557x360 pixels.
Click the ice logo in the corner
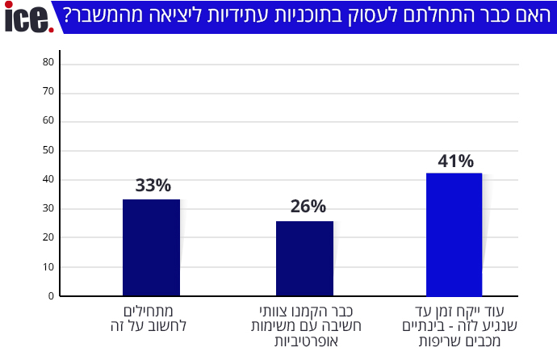click(x=28, y=18)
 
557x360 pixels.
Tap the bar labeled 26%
click(x=304, y=258)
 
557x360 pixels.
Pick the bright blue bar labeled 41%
click(x=454, y=234)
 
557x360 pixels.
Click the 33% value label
click(x=153, y=186)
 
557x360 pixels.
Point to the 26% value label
click(x=308, y=207)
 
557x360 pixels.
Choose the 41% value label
click(x=455, y=161)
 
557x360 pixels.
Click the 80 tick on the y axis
click(x=48, y=63)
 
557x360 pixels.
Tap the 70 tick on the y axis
click(x=48, y=92)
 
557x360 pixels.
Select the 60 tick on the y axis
click(x=48, y=121)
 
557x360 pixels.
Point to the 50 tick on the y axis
click(x=48, y=150)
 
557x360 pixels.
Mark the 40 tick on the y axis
click(x=48, y=179)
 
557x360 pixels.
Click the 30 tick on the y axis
click(x=48, y=208)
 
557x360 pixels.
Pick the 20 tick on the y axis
click(x=48, y=237)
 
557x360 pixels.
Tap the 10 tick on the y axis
click(x=48, y=266)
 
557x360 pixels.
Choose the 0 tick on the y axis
click(x=50, y=295)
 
